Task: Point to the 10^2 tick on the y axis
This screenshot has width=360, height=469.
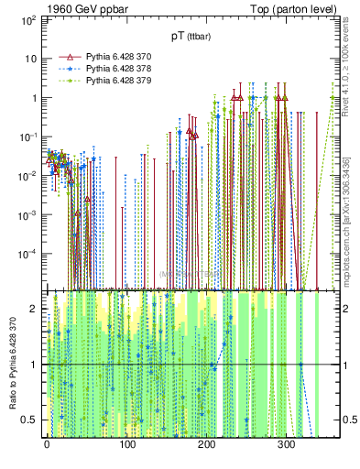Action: click(29, 19)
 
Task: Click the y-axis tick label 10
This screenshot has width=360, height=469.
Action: click(29, 59)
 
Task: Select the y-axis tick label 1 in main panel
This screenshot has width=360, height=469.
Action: click(33, 97)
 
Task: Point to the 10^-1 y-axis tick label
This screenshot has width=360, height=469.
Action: click(29, 136)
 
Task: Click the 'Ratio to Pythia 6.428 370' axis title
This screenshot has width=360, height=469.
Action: click(13, 365)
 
